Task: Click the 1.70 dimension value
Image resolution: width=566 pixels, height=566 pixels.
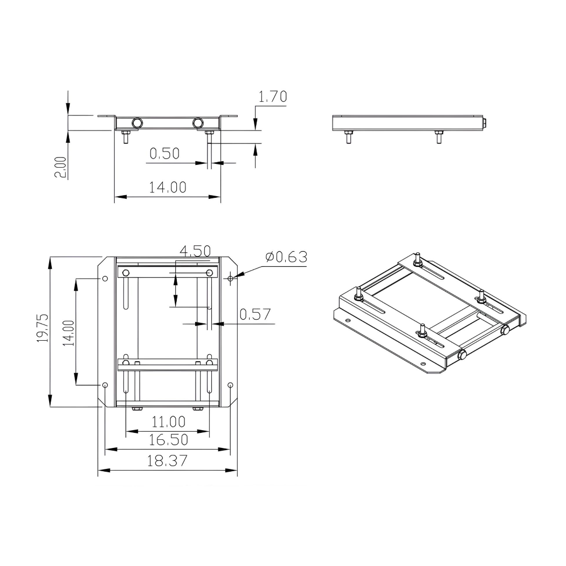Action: [273, 97]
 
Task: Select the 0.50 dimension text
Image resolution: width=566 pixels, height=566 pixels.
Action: [164, 154]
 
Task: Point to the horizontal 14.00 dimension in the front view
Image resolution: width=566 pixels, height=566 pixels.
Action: [168, 188]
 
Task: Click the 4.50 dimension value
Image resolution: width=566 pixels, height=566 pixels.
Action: [195, 251]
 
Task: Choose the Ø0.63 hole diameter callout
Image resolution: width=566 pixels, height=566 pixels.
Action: [286, 257]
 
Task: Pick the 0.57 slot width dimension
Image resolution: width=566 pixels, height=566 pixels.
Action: [255, 314]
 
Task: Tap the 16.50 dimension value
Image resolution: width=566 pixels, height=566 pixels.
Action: [169, 439]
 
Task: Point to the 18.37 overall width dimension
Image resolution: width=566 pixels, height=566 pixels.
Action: [168, 460]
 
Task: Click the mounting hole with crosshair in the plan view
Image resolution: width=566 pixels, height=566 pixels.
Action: [231, 278]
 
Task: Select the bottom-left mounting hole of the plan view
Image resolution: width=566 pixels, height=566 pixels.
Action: [105, 385]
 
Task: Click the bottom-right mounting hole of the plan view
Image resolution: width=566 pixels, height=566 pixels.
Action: [231, 385]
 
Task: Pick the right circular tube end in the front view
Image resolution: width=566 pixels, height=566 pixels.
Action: [198, 123]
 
